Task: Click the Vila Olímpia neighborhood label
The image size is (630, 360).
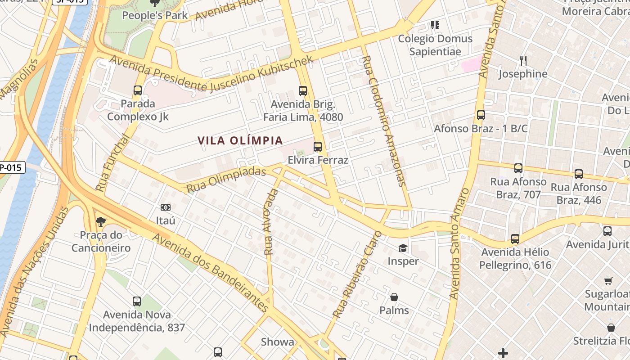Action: [x=240, y=141]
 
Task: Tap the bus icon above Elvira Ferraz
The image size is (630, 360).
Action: [x=318, y=146]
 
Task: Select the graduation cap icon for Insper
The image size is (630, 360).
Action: [x=403, y=248]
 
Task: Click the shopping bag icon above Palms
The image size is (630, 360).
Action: [x=394, y=297]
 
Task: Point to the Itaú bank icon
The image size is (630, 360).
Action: [x=166, y=207]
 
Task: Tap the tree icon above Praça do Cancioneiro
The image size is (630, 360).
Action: [x=101, y=221]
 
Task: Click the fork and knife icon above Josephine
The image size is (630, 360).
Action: [x=523, y=60]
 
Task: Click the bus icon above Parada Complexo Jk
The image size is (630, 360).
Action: [x=138, y=90]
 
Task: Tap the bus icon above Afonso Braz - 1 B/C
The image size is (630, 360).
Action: [x=481, y=115]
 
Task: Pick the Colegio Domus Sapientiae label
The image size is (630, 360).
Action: [x=435, y=45]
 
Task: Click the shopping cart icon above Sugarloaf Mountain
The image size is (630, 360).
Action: [x=608, y=281]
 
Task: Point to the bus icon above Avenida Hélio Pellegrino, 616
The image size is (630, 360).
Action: [x=515, y=238]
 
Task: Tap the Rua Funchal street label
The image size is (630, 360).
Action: [x=113, y=163]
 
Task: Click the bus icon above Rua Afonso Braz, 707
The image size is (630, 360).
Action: [x=518, y=168]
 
